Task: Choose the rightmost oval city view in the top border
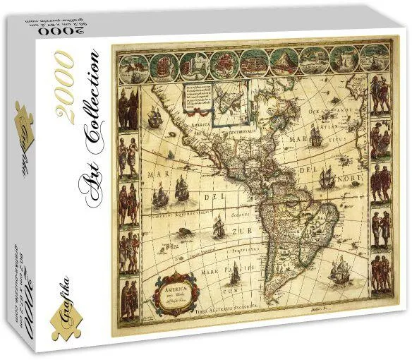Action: [374, 56]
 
